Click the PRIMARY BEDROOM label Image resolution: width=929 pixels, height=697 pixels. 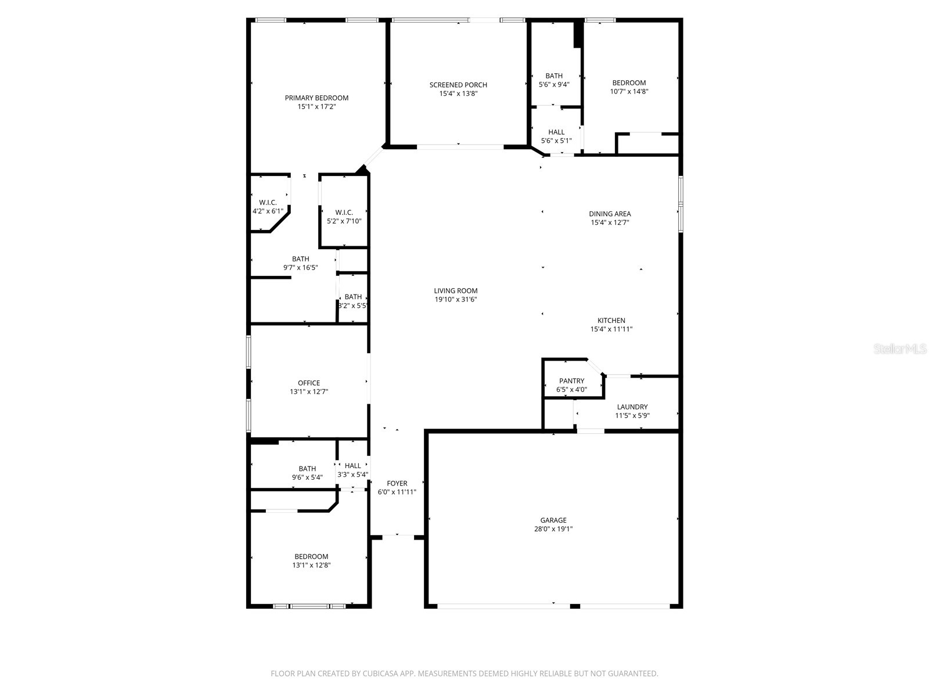[316, 98]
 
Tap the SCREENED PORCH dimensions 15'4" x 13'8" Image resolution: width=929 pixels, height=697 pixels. [458, 94]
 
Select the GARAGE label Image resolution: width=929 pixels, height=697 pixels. [553, 520]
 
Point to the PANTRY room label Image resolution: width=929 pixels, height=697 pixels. [571, 381]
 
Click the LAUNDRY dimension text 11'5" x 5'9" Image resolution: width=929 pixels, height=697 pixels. [632, 415]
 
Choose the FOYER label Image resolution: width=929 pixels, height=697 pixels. [397, 483]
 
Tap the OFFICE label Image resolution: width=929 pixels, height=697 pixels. [309, 383]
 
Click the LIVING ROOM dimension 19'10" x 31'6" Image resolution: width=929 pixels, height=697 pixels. [456, 300]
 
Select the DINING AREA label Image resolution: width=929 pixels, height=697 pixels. [610, 214]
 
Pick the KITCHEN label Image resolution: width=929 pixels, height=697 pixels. [611, 320]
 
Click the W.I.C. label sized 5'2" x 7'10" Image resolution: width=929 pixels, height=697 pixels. [344, 213]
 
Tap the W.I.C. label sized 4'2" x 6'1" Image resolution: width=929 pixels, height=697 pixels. [268, 202]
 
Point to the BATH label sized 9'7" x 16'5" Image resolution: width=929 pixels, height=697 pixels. [300, 259]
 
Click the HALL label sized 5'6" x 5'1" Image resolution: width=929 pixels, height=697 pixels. [556, 132]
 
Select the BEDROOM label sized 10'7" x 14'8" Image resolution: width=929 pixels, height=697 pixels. [629, 82]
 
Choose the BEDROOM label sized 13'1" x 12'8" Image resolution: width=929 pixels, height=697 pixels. [311, 556]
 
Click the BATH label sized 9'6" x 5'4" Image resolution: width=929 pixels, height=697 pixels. [307, 469]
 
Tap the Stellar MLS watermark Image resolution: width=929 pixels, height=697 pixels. [901, 349]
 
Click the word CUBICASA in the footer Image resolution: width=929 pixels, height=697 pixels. [378, 674]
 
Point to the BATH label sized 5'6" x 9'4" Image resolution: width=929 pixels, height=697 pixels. [554, 76]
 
